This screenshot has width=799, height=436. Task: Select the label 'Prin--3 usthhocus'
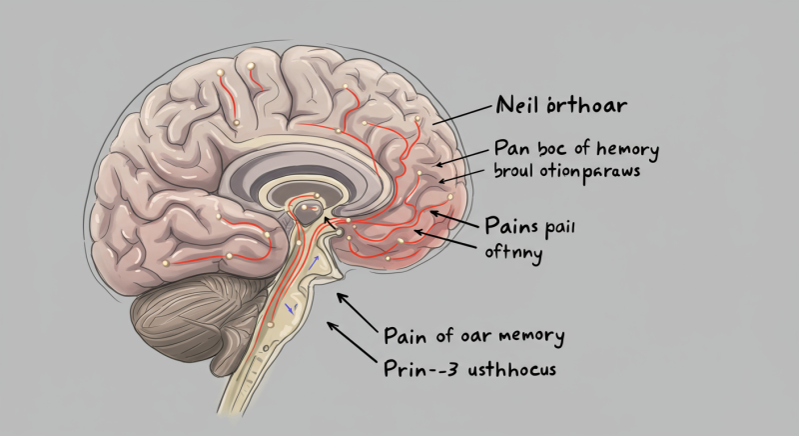coord(470,368)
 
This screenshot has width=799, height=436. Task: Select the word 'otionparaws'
coord(588,172)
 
